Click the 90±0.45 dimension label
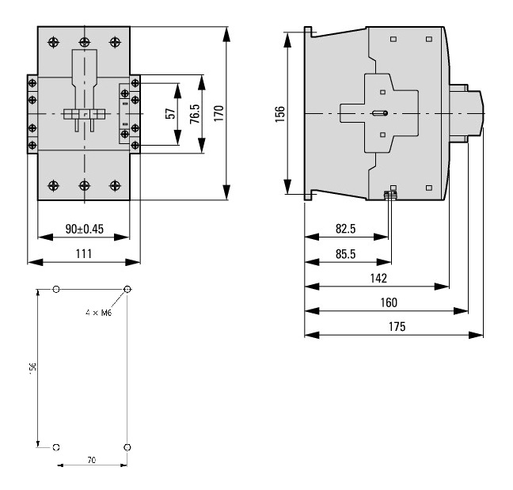[83, 229]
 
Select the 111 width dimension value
[83, 253]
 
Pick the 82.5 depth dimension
[346, 229]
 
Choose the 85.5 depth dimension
[346, 254]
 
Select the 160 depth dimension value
[388, 302]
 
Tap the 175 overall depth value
[393, 327]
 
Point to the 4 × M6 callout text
[98, 313]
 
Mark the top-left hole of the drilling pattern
[55, 290]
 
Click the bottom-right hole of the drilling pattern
[127, 447]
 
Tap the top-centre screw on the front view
[84, 41]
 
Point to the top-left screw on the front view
[53, 41]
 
